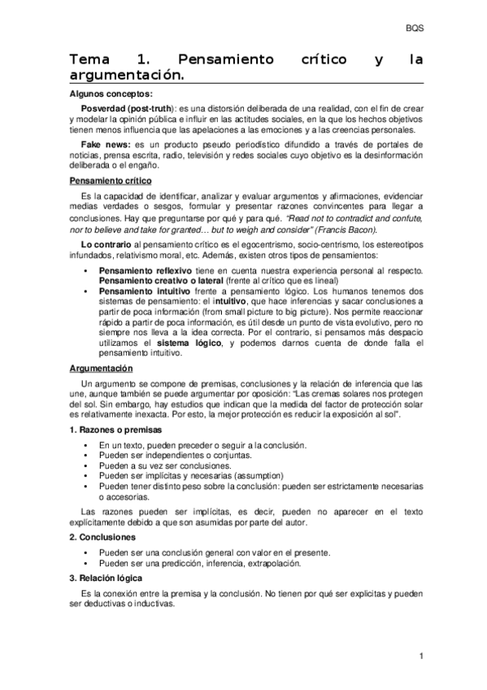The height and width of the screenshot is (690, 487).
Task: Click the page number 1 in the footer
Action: click(422, 656)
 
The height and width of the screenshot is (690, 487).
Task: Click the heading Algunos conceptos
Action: click(106, 94)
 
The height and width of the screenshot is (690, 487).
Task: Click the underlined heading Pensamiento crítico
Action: click(110, 181)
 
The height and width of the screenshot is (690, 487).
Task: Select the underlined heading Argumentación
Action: click(101, 369)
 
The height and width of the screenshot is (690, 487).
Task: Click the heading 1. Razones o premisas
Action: click(115, 429)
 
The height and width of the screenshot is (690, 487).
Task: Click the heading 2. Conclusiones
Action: click(102, 538)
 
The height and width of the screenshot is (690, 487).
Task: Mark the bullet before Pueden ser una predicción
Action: click(85, 562)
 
